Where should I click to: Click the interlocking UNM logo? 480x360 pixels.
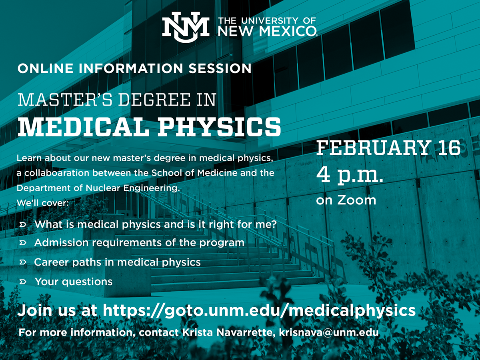coord(186,28)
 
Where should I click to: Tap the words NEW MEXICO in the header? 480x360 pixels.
coord(267,30)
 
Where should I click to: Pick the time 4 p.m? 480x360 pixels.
coord(350,175)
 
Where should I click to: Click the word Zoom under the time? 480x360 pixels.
coord(356,200)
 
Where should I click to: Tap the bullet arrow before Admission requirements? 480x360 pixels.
coord(22,243)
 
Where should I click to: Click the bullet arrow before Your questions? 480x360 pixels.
coord(22,282)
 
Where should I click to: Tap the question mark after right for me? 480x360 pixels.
coord(274,224)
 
